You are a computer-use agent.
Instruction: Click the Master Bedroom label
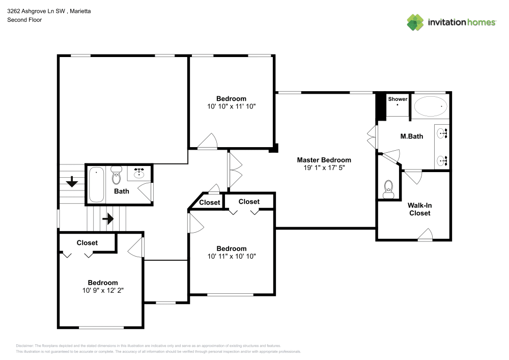pyautogui.click(x=324, y=160)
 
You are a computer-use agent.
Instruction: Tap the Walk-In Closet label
pyautogui.click(x=419, y=209)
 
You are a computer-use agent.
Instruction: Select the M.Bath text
pyautogui.click(x=412, y=136)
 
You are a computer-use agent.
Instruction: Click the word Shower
pyautogui.click(x=398, y=99)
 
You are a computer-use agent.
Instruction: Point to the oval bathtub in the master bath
pyautogui.click(x=430, y=106)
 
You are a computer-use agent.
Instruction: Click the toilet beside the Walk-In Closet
pyautogui.click(x=389, y=189)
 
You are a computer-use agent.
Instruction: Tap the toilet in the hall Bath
pyautogui.click(x=116, y=175)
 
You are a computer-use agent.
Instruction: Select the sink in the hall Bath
pyautogui.click(x=139, y=174)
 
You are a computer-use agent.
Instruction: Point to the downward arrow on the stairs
pyautogui.click(x=72, y=180)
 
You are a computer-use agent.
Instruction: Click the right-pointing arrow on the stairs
pyautogui.click(x=107, y=219)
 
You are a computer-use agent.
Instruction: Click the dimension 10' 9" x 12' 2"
pyautogui.click(x=102, y=290)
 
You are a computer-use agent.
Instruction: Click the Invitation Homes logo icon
pyautogui.click(x=415, y=22)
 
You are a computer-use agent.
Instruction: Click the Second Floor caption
pyautogui.click(x=24, y=20)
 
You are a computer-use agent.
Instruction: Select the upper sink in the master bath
pyautogui.click(x=442, y=134)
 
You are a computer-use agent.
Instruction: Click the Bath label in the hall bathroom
pyautogui.click(x=121, y=191)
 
